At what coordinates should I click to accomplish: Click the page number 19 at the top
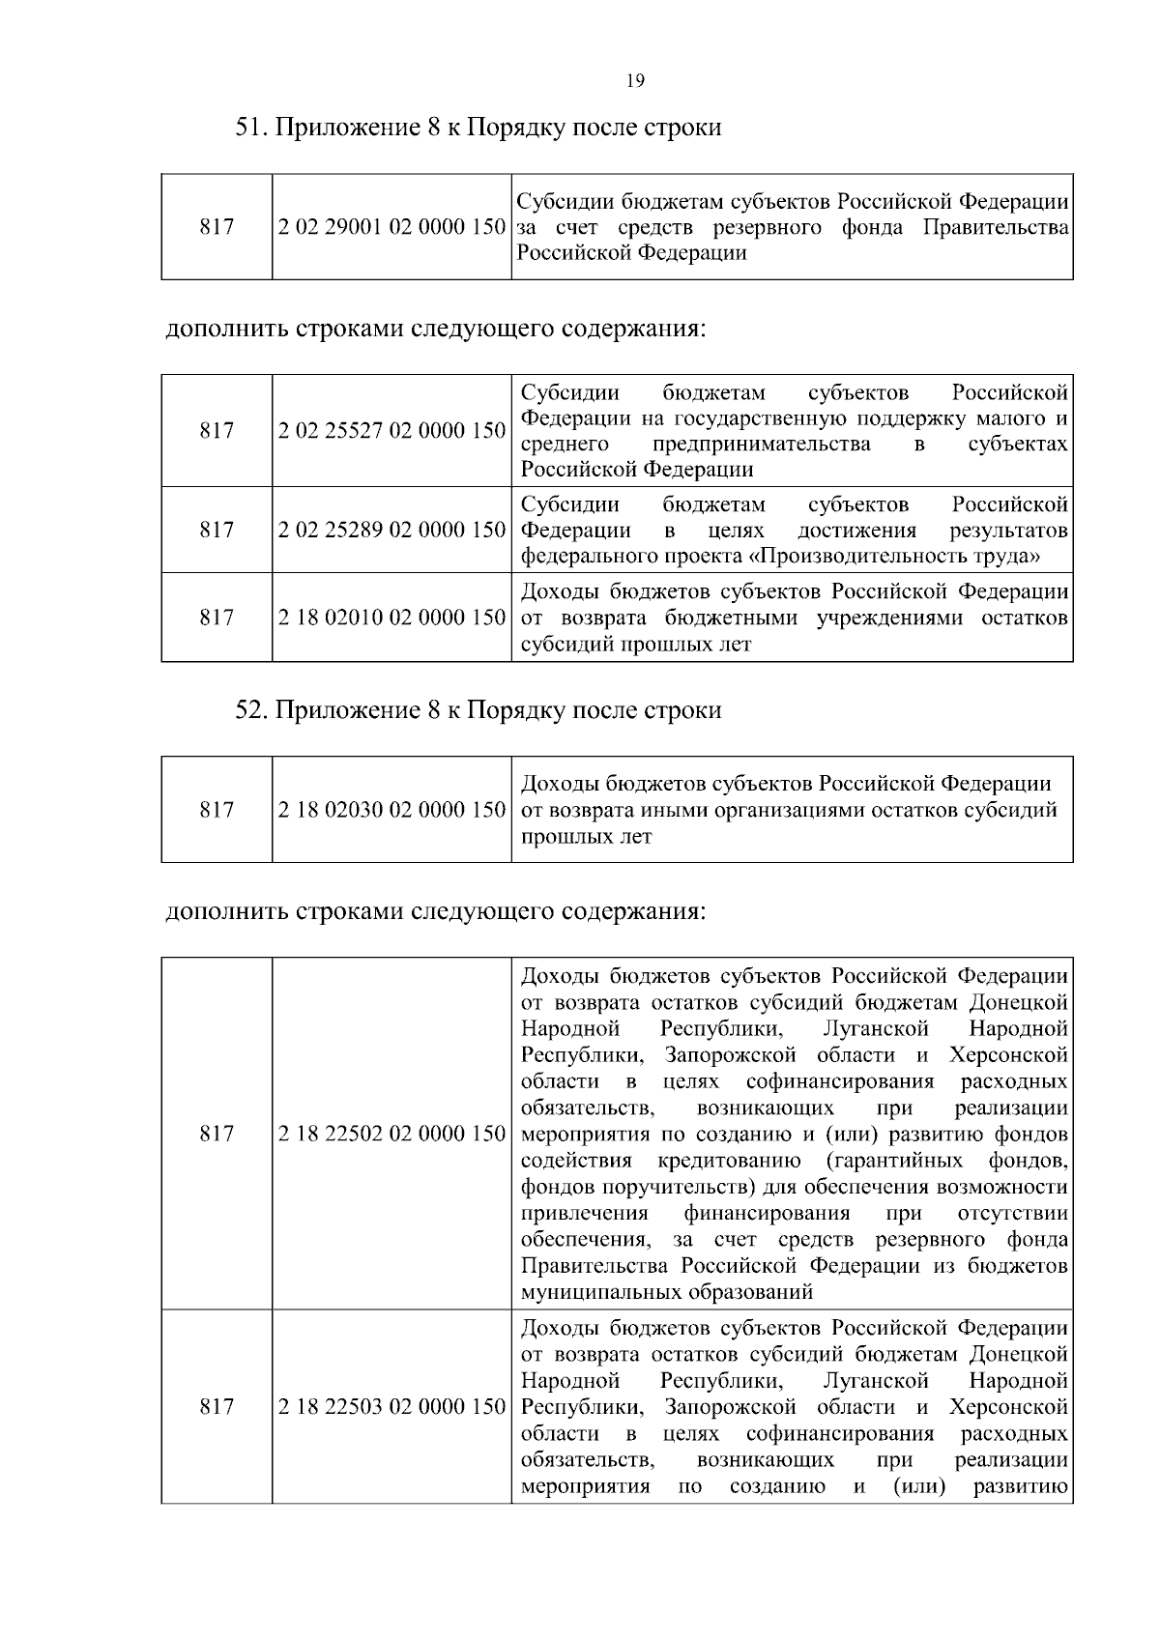[x=635, y=80]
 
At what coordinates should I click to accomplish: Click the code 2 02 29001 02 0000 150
[x=391, y=228]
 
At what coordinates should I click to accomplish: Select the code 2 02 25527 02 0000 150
[x=391, y=431]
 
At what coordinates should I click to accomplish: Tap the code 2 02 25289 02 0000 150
[x=391, y=531]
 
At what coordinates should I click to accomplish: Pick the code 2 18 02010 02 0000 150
[x=391, y=618]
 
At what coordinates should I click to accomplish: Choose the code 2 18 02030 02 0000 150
[x=391, y=810]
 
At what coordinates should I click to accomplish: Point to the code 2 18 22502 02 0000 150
[x=391, y=1134]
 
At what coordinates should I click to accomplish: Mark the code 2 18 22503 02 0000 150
[x=391, y=1407]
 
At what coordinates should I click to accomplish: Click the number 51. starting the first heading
[x=252, y=128]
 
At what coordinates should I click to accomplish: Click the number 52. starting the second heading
[x=252, y=710]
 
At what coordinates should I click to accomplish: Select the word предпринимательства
[x=761, y=445]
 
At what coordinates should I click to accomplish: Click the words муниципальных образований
[x=667, y=1292]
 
